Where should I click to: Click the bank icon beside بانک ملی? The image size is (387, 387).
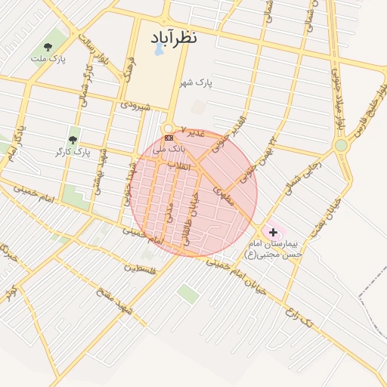[x=168, y=138]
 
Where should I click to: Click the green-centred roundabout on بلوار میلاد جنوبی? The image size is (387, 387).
[x=341, y=144]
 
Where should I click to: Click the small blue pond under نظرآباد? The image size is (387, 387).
[x=159, y=51]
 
